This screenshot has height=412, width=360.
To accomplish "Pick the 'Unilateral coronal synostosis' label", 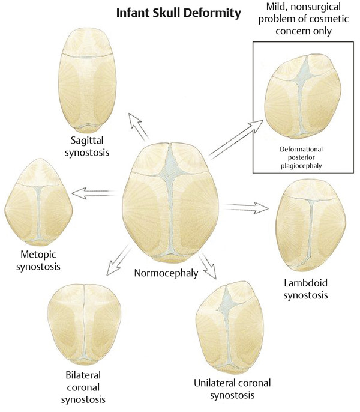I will [232, 389].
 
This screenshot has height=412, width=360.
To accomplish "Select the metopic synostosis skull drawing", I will [39, 198].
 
